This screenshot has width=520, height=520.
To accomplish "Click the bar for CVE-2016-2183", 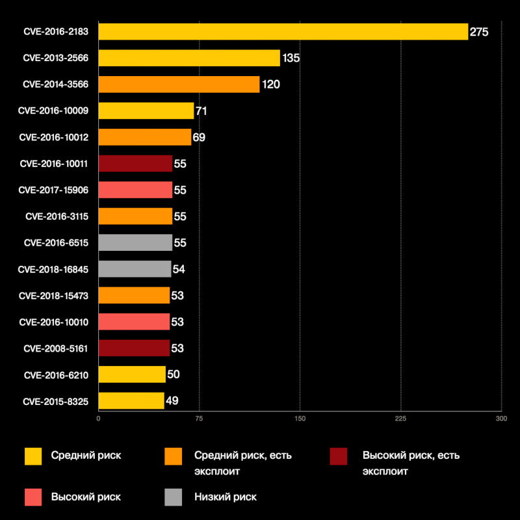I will [x=283, y=32].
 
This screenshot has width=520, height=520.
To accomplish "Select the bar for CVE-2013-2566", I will [x=189, y=58].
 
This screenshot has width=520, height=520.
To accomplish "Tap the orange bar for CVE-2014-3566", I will [x=179, y=84].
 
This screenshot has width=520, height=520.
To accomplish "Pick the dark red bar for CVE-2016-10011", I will [x=135, y=164].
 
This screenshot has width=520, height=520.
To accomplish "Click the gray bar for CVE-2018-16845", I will [x=135, y=269].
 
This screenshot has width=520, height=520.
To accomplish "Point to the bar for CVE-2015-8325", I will [x=131, y=400].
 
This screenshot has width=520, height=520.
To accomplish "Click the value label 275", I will [x=479, y=32].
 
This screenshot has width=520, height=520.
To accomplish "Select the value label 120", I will [x=270, y=84].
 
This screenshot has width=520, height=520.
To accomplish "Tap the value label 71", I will [x=201, y=111].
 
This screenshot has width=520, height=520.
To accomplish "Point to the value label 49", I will [x=172, y=400].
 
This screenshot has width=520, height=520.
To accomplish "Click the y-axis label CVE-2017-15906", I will [x=58, y=190].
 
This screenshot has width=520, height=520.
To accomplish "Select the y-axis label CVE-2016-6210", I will [x=60, y=374].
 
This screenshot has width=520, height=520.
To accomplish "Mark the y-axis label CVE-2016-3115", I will [x=60, y=216].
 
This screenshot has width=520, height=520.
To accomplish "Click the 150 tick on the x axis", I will [x=300, y=419].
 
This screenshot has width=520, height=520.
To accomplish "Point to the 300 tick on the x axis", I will [x=500, y=419].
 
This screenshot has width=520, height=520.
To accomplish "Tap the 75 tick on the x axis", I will [x=199, y=419].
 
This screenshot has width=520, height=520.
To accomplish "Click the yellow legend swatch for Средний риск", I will [x=33, y=456].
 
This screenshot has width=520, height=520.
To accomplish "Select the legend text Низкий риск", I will [x=226, y=497].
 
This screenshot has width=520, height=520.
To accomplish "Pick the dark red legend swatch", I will [x=339, y=456].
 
